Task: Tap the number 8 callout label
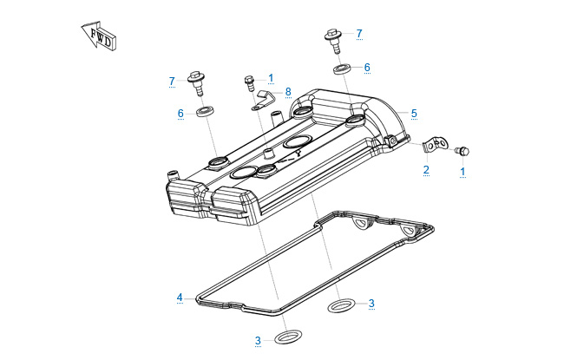coord(288,91)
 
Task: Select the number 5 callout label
coord(414,113)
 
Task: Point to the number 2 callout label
coord(426,169)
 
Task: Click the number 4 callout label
coord(180,298)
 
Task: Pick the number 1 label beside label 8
coord(271,78)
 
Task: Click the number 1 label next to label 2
coord(462,171)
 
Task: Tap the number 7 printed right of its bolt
coord(359,34)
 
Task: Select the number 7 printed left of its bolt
coord(172,81)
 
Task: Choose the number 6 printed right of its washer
coord(367,67)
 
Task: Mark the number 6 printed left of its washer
coord(180,113)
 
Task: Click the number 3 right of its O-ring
coord(371,303)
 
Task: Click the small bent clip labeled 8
coord(262,101)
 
